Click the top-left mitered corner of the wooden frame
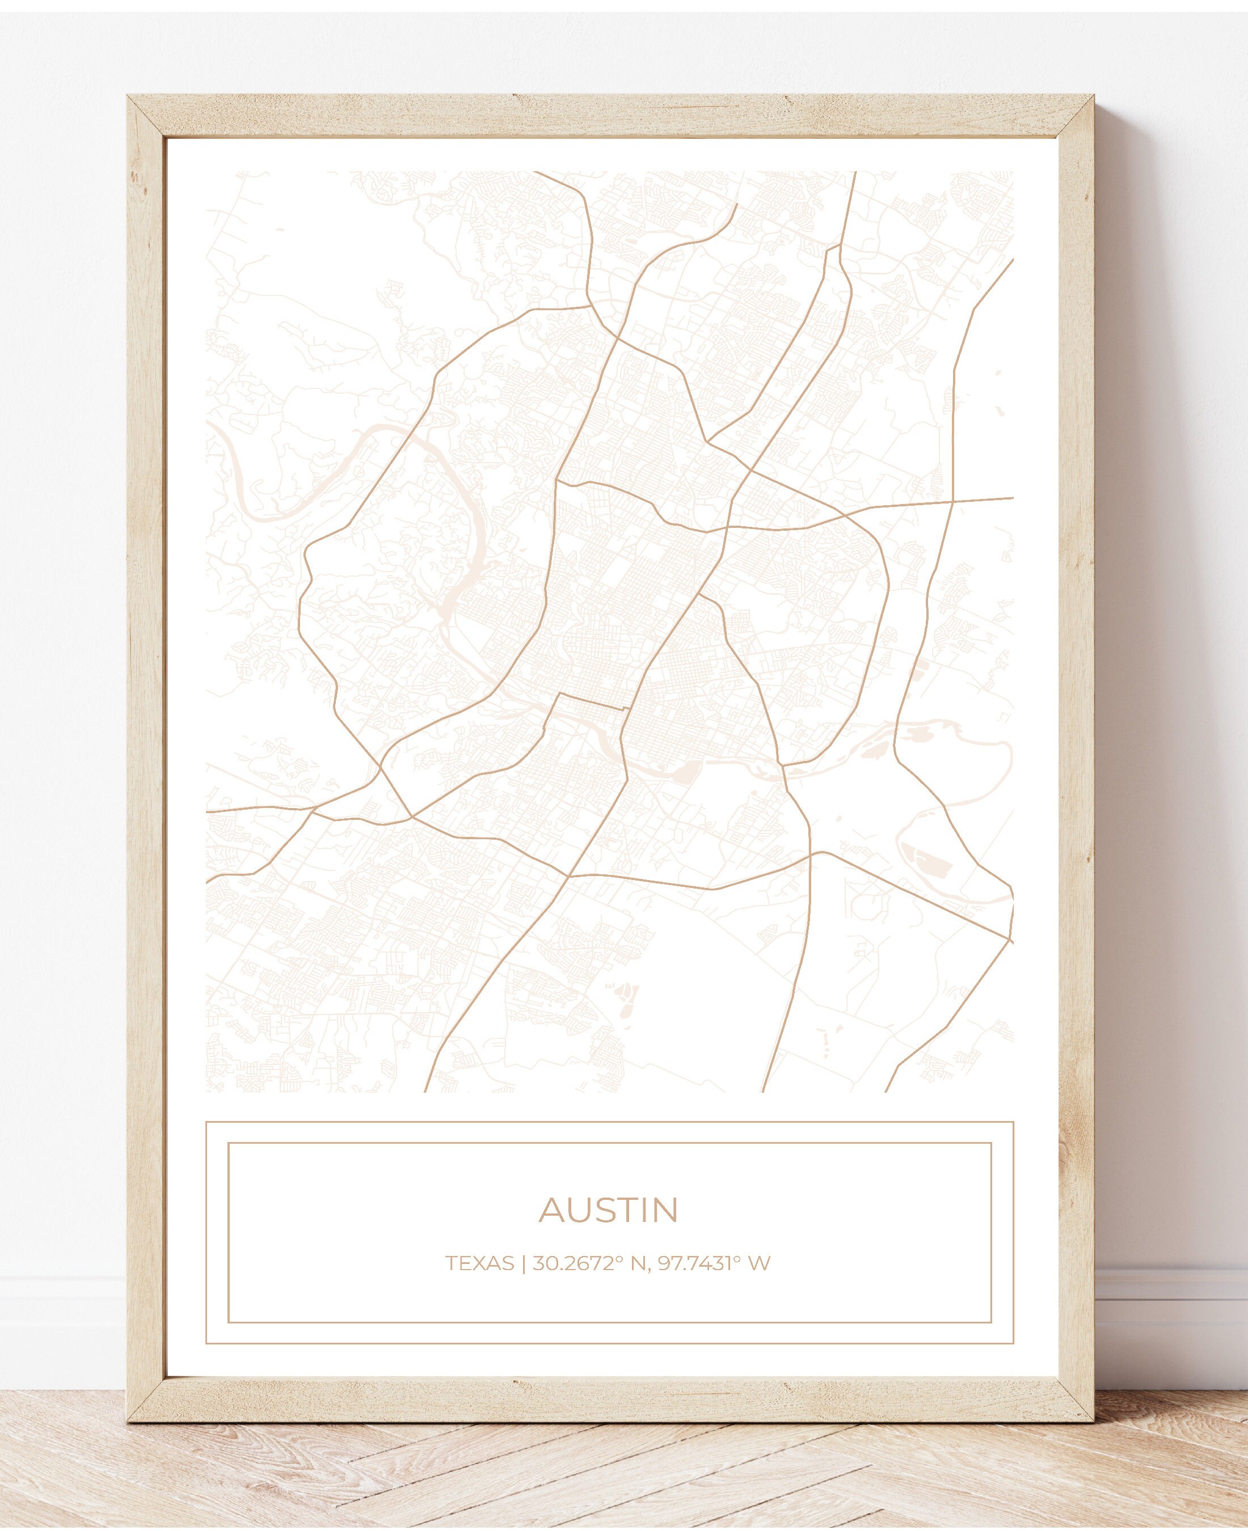point(146,115)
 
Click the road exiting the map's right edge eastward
point(1006,498)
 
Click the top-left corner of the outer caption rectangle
point(206,1122)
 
